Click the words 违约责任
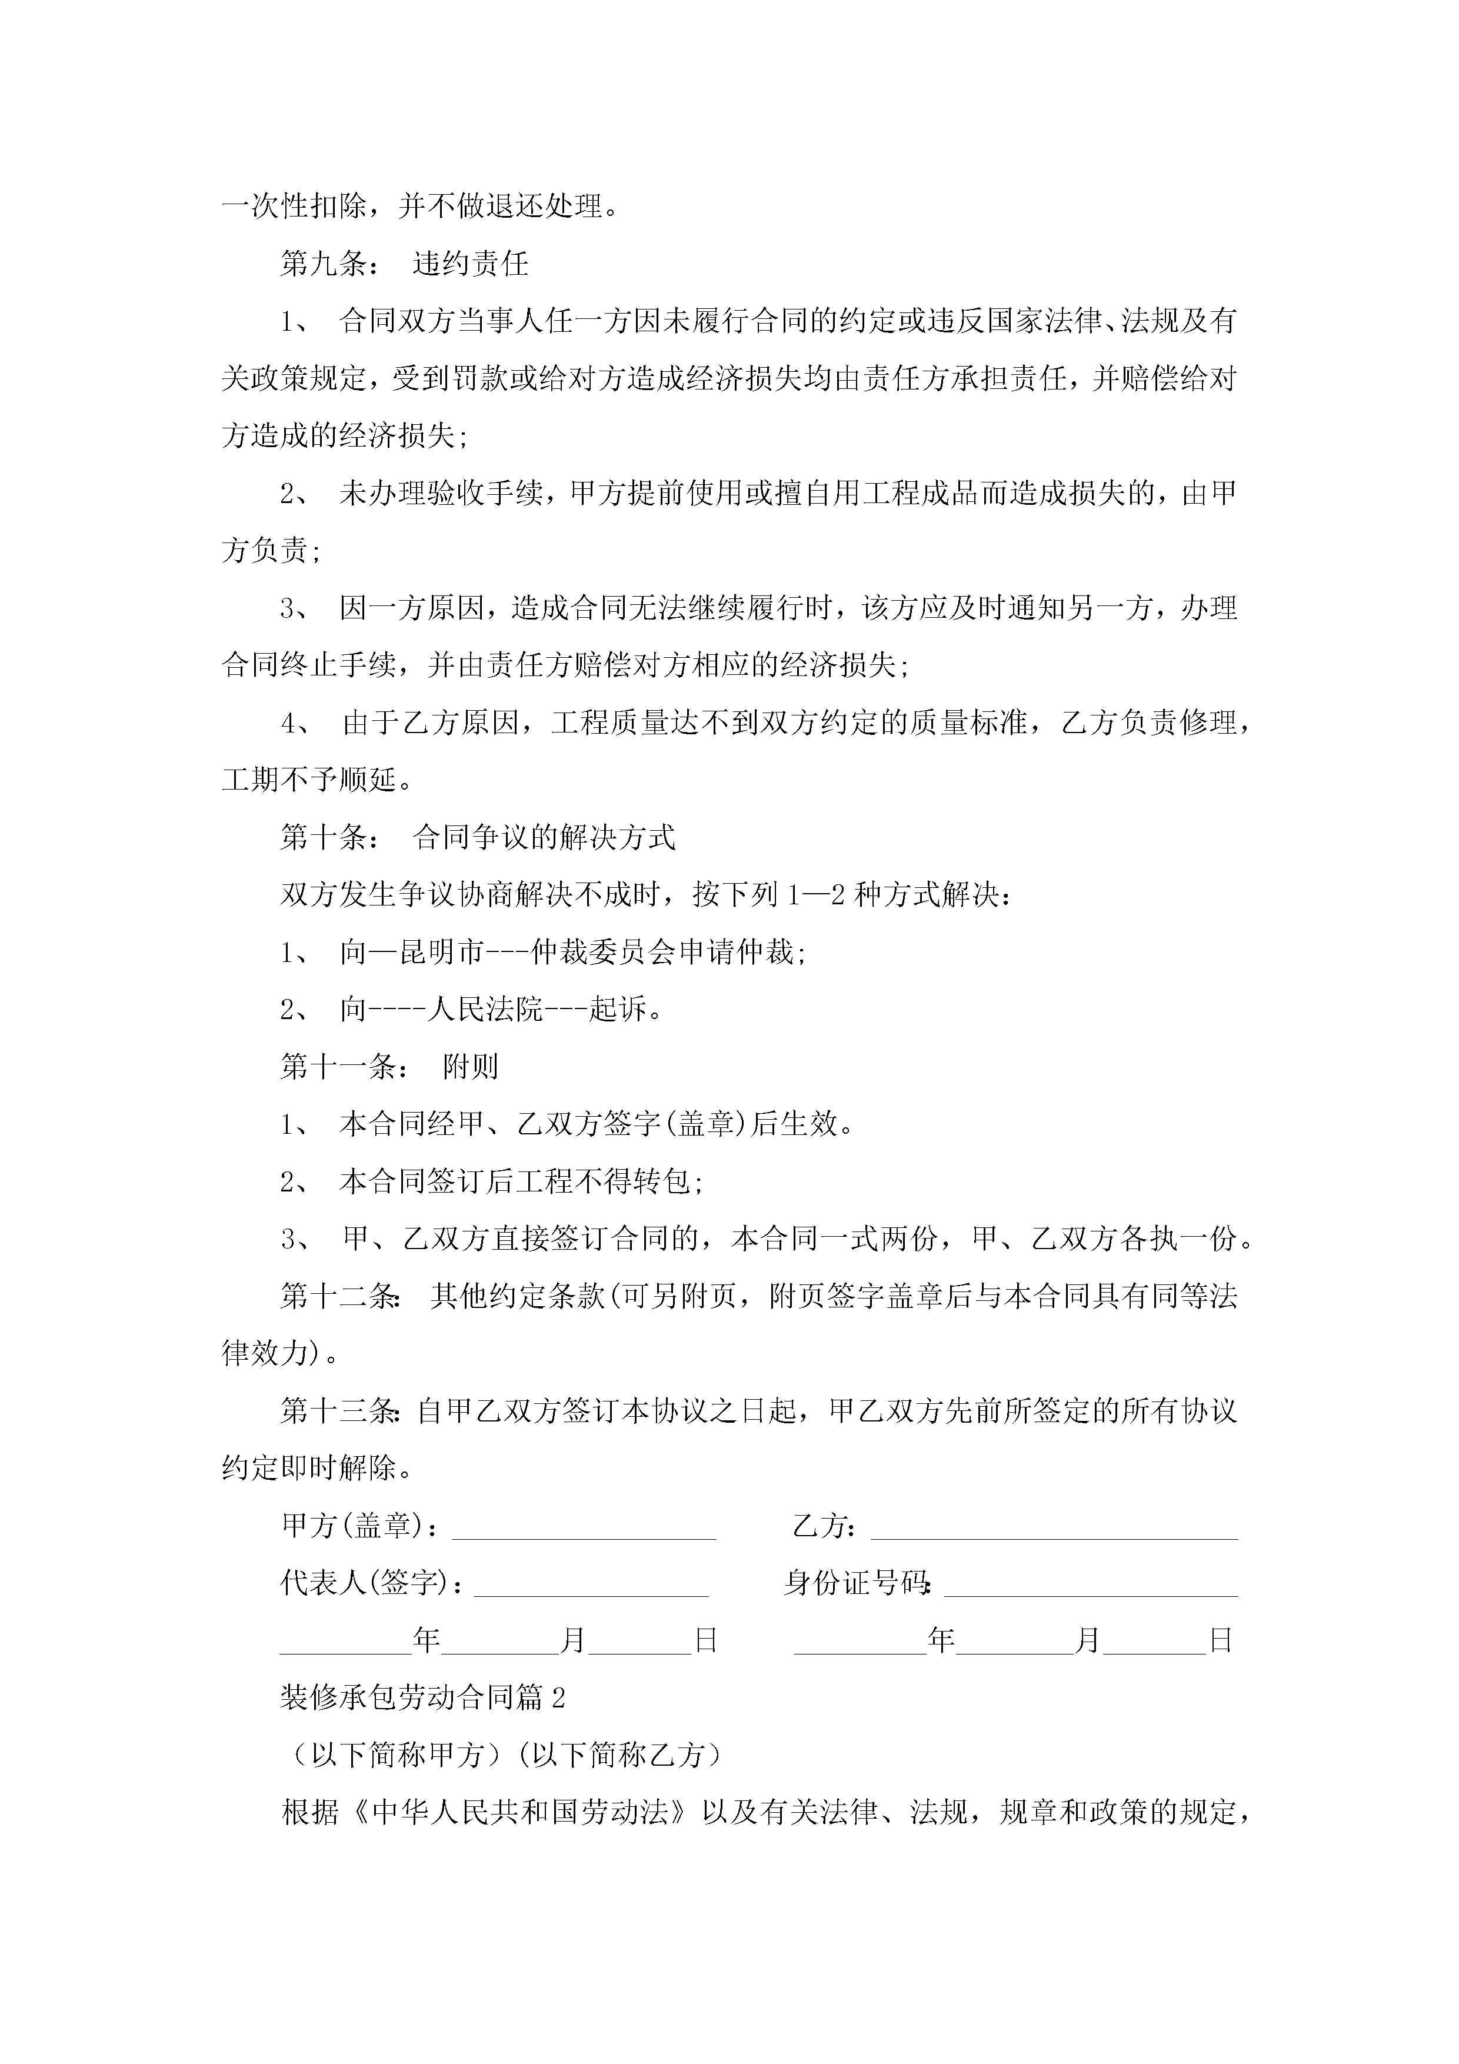tap(470, 264)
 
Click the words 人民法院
tap(485, 1010)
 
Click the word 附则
tap(470, 1067)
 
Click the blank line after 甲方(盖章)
tap(584, 1528)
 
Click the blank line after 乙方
tap(1054, 1528)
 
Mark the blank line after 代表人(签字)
tap(591, 1586)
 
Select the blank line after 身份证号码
tap(1091, 1586)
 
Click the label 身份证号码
tap(856, 1583)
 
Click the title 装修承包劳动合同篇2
tap(422, 1697)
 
